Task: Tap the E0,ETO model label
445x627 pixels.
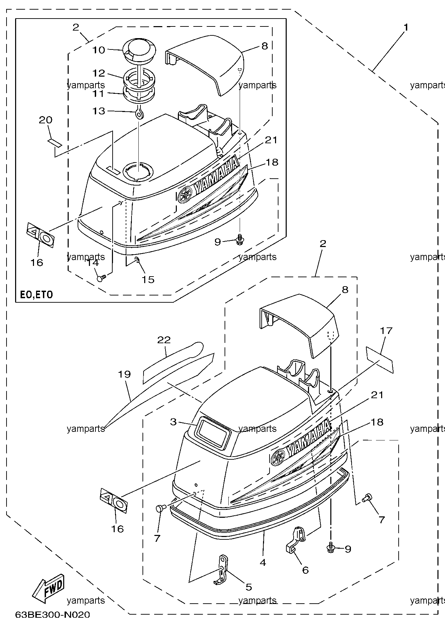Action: tap(36, 295)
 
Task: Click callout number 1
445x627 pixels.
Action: tap(406, 27)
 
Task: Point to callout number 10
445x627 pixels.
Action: tap(99, 50)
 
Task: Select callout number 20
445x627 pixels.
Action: tap(46, 120)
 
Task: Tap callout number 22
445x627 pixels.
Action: tap(164, 340)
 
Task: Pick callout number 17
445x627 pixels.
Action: tap(386, 331)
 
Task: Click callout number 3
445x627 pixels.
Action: tap(173, 422)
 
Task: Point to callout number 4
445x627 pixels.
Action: tap(263, 562)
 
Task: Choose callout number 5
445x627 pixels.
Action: tap(249, 587)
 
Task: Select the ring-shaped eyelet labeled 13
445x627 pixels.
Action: tap(139, 113)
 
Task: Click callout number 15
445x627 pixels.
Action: tap(148, 279)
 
